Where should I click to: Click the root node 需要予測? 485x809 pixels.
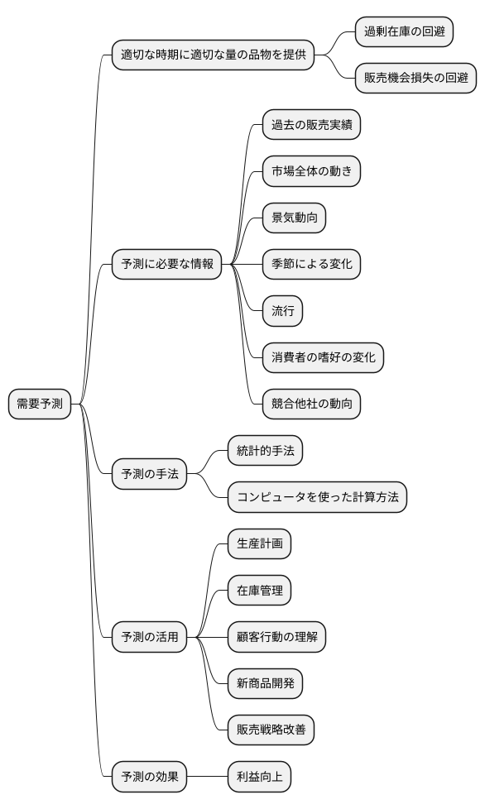click(x=40, y=404)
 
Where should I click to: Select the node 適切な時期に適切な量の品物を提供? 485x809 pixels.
click(x=213, y=55)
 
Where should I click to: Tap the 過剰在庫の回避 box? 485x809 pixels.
click(x=405, y=32)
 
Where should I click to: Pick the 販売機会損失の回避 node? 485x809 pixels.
click(x=415, y=79)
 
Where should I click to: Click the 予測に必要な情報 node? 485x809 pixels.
click(x=166, y=265)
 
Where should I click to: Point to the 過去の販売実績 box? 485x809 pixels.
click(x=311, y=125)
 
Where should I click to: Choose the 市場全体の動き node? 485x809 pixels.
click(x=311, y=171)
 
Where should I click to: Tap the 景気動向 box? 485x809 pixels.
click(x=294, y=218)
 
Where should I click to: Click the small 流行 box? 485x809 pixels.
click(x=282, y=311)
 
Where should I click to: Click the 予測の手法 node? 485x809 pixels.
click(x=149, y=474)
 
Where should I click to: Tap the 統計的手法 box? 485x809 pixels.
click(x=266, y=451)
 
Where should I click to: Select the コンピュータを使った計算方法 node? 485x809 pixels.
click(x=317, y=497)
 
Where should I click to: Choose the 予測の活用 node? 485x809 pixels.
click(x=149, y=637)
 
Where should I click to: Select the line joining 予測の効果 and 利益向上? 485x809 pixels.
click(x=207, y=777)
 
